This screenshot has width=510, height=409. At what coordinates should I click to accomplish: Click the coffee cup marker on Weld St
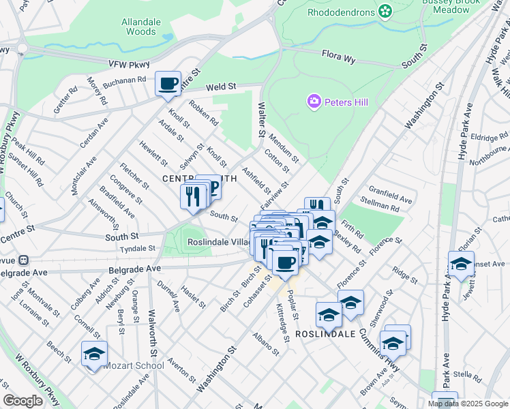[x=168, y=84]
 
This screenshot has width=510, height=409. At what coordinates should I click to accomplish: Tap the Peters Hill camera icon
[x=314, y=102]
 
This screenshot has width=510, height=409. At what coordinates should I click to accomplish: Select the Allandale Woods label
[x=140, y=27]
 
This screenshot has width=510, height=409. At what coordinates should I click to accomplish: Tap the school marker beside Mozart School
[x=94, y=354]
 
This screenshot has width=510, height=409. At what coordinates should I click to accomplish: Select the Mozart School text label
[x=134, y=365]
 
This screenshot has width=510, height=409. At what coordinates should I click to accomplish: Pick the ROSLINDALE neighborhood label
[x=326, y=335]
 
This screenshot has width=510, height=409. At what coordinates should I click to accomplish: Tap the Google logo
[x=22, y=401]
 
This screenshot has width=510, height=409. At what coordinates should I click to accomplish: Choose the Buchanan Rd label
[x=125, y=82]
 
